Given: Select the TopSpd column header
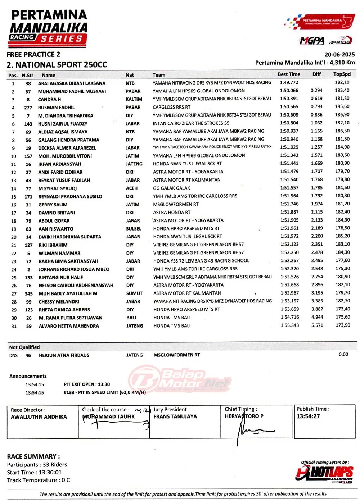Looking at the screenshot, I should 342,74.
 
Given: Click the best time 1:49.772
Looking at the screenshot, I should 289,82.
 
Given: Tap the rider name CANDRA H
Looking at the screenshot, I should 49,99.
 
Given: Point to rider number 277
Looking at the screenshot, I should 28,108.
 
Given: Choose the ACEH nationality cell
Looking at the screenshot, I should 132,188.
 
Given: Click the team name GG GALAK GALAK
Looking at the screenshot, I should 171,188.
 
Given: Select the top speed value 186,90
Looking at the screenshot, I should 342,115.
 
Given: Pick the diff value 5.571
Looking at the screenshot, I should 317,325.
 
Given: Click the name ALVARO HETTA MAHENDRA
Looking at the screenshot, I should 69,326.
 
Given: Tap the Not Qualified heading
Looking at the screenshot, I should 24,347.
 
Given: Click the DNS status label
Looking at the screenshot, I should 13,355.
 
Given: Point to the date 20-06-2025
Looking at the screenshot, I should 339,55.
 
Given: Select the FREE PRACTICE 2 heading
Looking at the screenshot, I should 33,55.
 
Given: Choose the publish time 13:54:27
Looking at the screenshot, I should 308,416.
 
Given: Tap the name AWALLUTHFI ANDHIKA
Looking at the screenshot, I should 39,417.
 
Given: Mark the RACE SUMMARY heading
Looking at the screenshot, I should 33,456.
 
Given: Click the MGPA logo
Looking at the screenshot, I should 312,41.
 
